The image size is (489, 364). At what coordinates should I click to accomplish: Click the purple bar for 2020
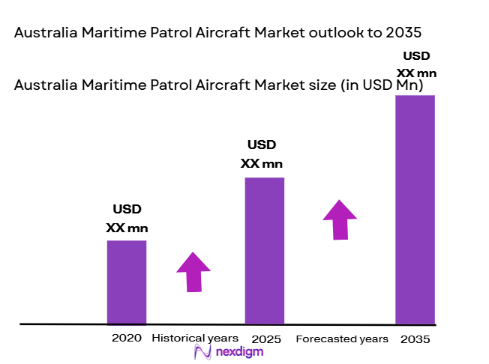click(x=126, y=282)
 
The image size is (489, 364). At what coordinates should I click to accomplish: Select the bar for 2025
click(x=265, y=250)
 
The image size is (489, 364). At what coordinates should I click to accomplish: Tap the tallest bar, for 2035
click(x=415, y=210)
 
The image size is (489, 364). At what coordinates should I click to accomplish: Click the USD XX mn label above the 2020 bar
click(x=127, y=219)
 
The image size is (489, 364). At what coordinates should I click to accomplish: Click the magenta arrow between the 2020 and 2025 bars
click(x=193, y=271)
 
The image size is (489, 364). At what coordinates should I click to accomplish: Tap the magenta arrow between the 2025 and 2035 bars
click(x=340, y=219)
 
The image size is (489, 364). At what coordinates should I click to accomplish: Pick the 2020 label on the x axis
click(x=126, y=338)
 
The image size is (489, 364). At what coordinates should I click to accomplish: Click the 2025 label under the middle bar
click(x=266, y=339)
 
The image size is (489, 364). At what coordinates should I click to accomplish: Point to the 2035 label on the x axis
click(x=415, y=339)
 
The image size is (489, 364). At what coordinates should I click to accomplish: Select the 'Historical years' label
click(x=195, y=338)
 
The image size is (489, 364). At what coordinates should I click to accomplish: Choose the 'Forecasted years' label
click(x=342, y=339)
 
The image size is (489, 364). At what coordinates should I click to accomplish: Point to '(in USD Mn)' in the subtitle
click(x=382, y=85)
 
